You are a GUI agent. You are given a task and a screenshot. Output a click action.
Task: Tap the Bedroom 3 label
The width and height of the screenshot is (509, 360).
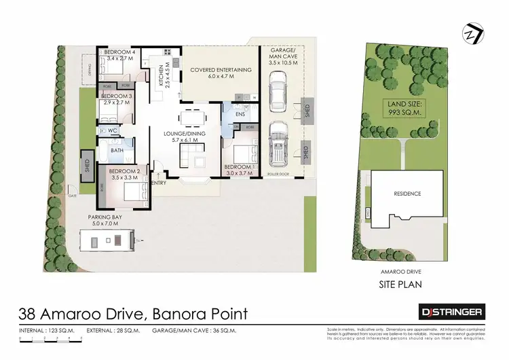pyautogui.click(x=117, y=96)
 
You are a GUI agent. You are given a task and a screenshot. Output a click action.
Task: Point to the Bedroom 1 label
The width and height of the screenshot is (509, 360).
pyautogui.click(x=238, y=168)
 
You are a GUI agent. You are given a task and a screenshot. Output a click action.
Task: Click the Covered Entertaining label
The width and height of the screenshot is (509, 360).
pyautogui.click(x=221, y=70)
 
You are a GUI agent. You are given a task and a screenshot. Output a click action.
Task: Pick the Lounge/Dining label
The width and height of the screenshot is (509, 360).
pyautogui.click(x=188, y=134)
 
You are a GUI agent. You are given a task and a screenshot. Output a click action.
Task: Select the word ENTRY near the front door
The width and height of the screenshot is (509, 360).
pyautogui.click(x=159, y=183)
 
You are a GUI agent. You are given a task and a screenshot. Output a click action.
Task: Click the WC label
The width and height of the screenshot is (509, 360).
pyautogui.click(x=113, y=129)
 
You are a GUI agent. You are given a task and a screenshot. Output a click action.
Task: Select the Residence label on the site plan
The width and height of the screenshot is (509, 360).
pyautogui.click(x=407, y=194)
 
